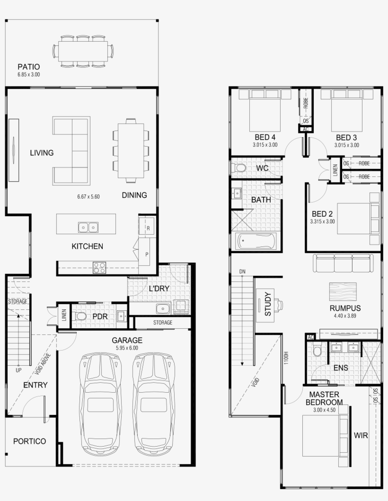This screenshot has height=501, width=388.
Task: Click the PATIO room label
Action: pyautogui.click(x=28, y=67)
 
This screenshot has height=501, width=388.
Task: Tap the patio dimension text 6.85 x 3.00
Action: pyautogui.click(x=28, y=75)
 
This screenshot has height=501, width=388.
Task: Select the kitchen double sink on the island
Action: pyautogui.click(x=88, y=228)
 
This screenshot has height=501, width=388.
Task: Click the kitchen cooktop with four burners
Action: pyautogui.click(x=99, y=268)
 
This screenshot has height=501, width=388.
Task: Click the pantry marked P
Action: pyautogui.click(x=147, y=254)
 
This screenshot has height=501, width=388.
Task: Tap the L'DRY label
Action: pyautogui.click(x=159, y=289)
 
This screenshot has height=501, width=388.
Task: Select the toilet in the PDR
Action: pyautogui.click(x=80, y=316)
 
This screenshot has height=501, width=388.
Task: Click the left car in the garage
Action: pyautogui.click(x=100, y=403)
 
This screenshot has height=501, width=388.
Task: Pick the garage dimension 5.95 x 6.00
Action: pyautogui.click(x=127, y=348)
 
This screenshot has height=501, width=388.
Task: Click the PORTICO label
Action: pyautogui.click(x=29, y=441)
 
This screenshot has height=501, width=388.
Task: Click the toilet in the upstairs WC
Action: pyautogui.click(x=239, y=168)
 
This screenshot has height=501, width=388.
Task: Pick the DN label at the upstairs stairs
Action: pyautogui.click(x=242, y=272)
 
